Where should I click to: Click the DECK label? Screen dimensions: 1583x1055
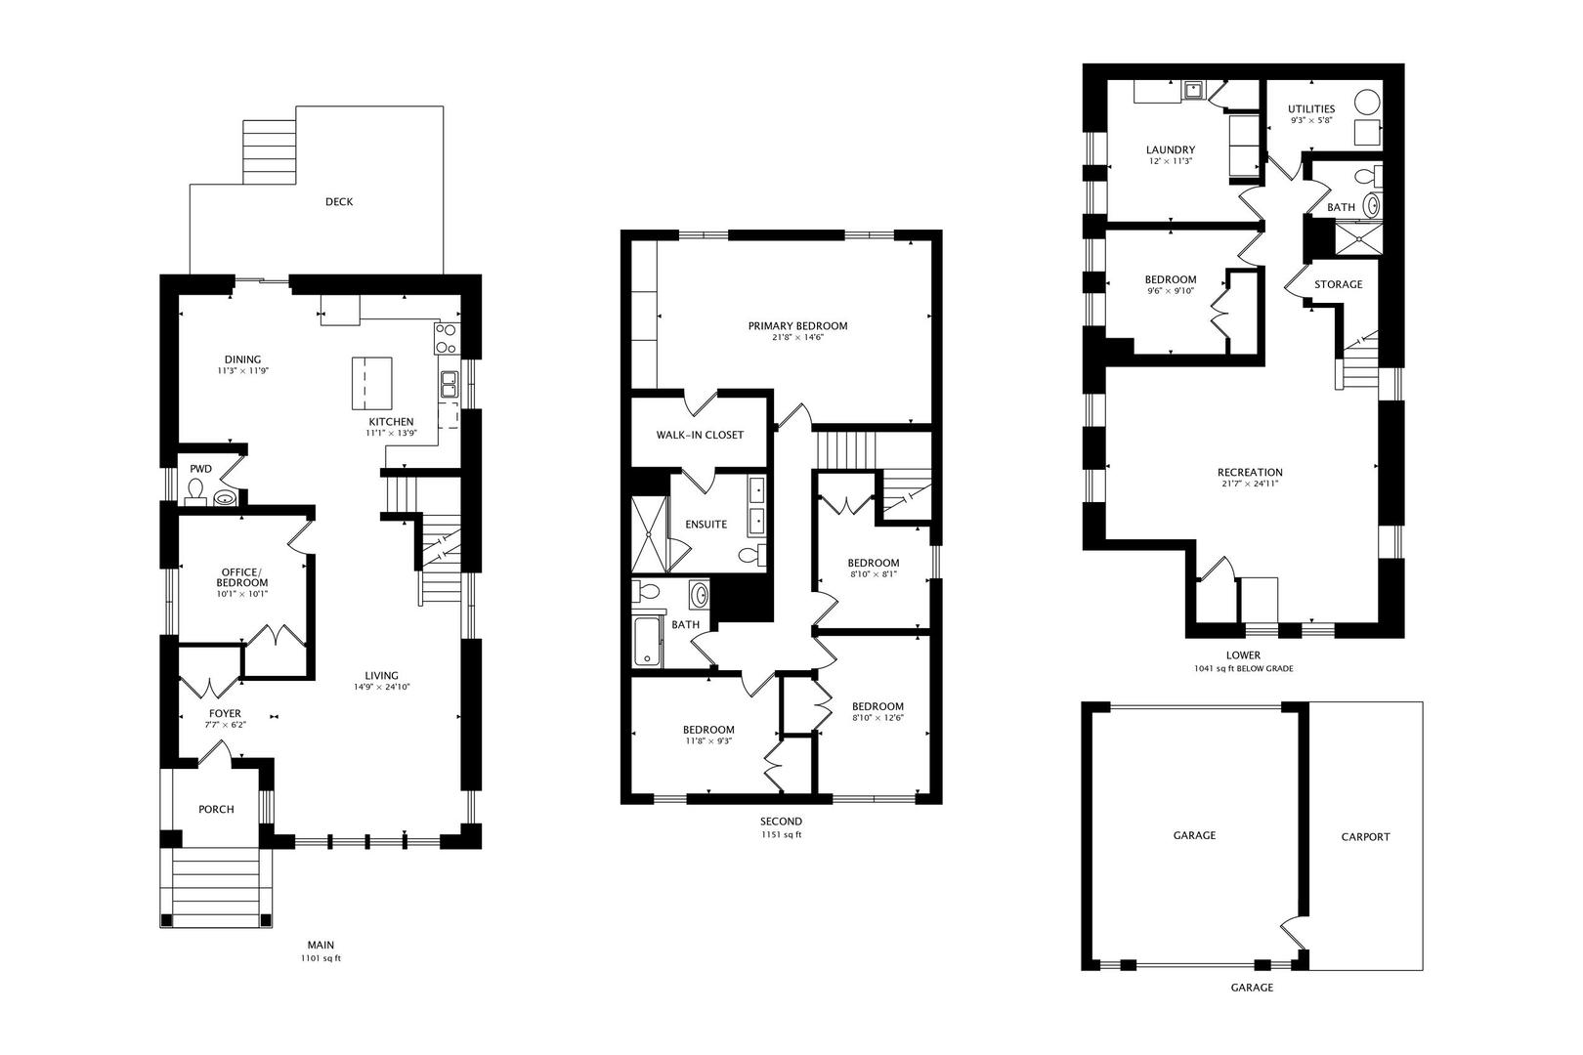tap(338, 202)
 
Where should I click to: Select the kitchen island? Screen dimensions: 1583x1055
tap(371, 384)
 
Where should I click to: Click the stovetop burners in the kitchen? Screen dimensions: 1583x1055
tap(447, 338)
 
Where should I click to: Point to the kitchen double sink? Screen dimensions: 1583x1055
tap(449, 385)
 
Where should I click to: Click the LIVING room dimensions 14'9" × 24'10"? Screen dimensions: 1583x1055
tap(382, 687)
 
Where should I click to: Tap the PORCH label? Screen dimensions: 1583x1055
tap(216, 809)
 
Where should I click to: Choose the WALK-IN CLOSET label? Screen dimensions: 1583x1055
tap(700, 436)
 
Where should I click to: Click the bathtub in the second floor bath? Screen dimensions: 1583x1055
tap(647, 642)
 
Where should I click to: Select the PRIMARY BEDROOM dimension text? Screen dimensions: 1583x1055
tap(798, 338)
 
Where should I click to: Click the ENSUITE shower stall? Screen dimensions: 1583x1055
tap(649, 535)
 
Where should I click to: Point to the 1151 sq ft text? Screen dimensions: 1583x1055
tap(781, 834)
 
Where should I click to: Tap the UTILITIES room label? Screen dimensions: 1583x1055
tap(1311, 108)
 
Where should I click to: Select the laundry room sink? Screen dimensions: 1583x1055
tap(1194, 91)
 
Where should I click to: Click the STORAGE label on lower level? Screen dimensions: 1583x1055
tap(1338, 284)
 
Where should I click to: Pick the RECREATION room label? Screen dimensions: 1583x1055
tap(1250, 472)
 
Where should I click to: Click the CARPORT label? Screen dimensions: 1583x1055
tap(1365, 836)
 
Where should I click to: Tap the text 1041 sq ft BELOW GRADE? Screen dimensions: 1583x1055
tap(1243, 668)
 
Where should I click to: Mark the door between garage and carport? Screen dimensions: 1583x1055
tap(1295, 934)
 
